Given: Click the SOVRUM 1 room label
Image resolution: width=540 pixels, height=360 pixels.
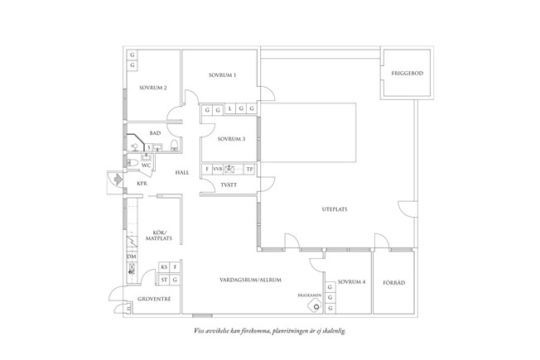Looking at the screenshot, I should [223, 76].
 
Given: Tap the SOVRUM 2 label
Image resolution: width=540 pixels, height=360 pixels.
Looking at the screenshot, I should [153, 88].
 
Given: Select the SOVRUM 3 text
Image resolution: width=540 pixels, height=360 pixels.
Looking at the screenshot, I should [231, 139].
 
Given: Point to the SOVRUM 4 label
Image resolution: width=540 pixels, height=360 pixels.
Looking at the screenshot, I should [351, 281].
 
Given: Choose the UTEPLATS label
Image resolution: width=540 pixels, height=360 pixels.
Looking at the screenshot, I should [334, 209].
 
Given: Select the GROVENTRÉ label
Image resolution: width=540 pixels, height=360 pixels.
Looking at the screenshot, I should [154, 299].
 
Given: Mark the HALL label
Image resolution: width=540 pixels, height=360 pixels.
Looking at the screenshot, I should [182, 172].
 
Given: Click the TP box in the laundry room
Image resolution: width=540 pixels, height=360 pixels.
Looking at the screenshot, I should [249, 169].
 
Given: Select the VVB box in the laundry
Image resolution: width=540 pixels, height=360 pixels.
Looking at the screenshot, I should [217, 169].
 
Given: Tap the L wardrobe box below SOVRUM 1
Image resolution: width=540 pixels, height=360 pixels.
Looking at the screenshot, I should [229, 109].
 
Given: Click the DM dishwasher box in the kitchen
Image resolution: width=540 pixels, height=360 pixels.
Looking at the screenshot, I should [131, 257].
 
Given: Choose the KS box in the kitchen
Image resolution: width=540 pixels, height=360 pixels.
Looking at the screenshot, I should [164, 266].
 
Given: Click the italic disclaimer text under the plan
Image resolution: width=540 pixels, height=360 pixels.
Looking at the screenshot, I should [269, 330].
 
